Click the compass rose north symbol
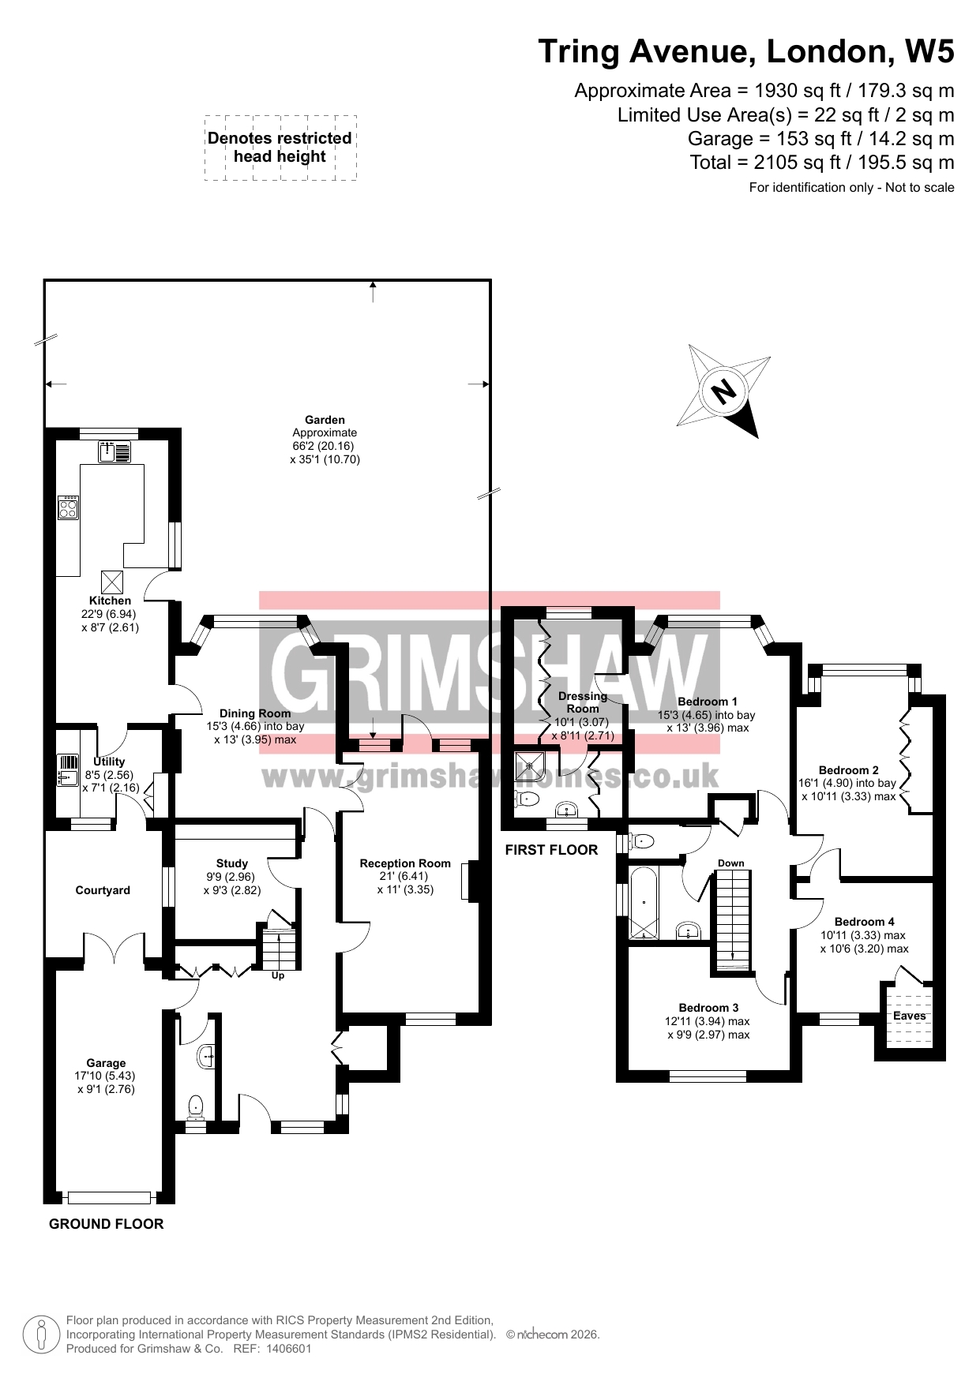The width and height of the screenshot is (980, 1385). (x=723, y=391)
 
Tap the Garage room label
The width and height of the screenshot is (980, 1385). (x=106, y=1063)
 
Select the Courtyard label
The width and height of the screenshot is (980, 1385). (x=103, y=890)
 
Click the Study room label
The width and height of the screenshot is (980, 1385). (x=232, y=863)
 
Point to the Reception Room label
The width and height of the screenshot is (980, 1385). (x=405, y=863)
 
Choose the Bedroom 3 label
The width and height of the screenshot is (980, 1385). (x=708, y=1008)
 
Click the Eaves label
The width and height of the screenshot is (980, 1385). (x=909, y=1016)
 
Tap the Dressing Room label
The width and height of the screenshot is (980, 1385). (x=583, y=702)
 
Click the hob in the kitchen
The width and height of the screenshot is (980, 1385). (x=69, y=507)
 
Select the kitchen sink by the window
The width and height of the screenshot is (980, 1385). (x=115, y=452)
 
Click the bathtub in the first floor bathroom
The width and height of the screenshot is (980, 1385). (x=644, y=902)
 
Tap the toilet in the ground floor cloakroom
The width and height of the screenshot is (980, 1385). (x=194, y=1107)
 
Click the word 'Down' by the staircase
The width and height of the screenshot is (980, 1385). (x=731, y=863)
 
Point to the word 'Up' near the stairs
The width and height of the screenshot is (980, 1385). (x=278, y=975)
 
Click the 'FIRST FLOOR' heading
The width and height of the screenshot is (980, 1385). (x=551, y=850)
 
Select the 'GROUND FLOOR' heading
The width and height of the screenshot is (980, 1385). (x=107, y=1224)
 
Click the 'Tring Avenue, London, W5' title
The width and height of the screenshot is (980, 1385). (x=746, y=51)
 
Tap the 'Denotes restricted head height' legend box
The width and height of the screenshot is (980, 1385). (x=280, y=148)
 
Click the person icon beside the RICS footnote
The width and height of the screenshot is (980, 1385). (x=41, y=1334)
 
